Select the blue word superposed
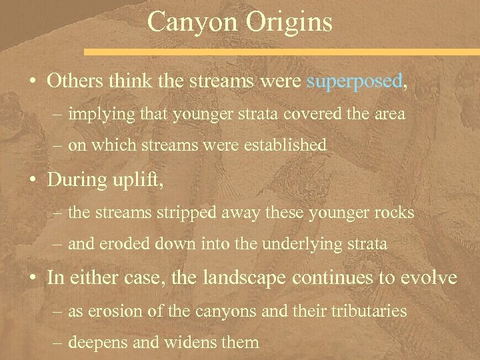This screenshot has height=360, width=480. coord(354,81)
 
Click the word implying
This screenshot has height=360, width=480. coord(97,114)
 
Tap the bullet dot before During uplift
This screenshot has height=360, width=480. coord(33,181)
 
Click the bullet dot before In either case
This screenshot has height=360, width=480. coord(33,277)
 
